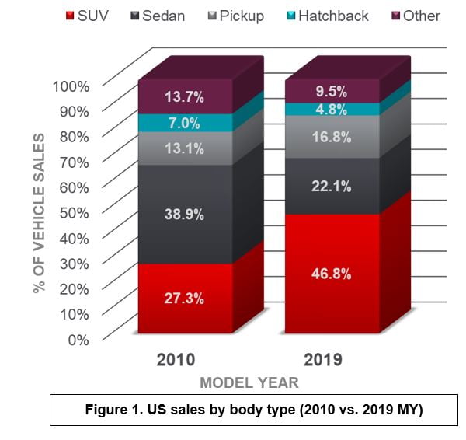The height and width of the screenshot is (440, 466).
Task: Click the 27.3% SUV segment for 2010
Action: (185, 298)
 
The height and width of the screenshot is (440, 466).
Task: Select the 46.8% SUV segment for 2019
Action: (332, 274)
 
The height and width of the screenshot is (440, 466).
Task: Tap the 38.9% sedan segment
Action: (185, 214)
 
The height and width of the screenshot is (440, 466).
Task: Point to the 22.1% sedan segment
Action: (332, 186)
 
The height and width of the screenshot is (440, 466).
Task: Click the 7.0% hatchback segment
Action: (185, 123)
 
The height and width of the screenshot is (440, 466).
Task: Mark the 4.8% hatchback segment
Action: (332, 110)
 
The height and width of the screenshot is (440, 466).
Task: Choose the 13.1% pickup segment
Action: (185, 148)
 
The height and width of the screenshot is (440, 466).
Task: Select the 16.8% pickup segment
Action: (332, 137)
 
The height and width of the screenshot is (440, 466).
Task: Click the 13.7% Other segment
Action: (185, 97)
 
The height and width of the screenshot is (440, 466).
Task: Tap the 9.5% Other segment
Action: (332, 90)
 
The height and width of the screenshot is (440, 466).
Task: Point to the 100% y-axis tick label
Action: (71, 86)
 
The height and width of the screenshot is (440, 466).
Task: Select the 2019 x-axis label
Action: (322, 360)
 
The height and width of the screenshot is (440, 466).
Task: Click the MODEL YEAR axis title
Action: (249, 382)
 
